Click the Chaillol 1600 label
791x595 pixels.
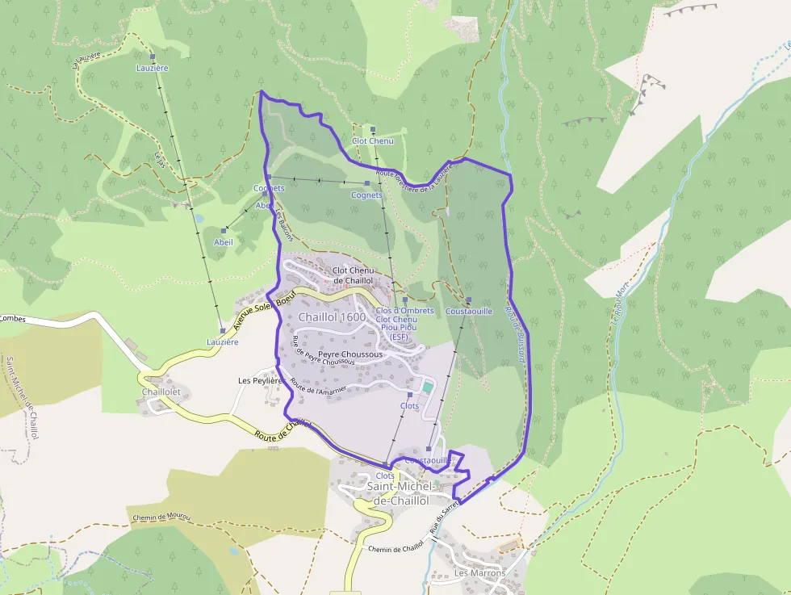pos(332,317)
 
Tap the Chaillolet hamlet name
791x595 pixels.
pos(165,392)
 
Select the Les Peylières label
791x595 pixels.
pos(259,380)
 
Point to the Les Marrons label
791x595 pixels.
pos(480,573)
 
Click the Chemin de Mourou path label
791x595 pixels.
pos(159,517)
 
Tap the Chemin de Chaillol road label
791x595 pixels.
pos(395,548)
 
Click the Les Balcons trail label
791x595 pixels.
pos(284,225)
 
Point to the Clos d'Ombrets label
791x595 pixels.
pos(404,311)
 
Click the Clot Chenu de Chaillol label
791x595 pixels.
pos(353,275)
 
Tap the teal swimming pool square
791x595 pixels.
pos(427,388)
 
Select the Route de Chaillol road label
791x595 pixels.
pos(282,429)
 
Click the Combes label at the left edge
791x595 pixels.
pos(13,319)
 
